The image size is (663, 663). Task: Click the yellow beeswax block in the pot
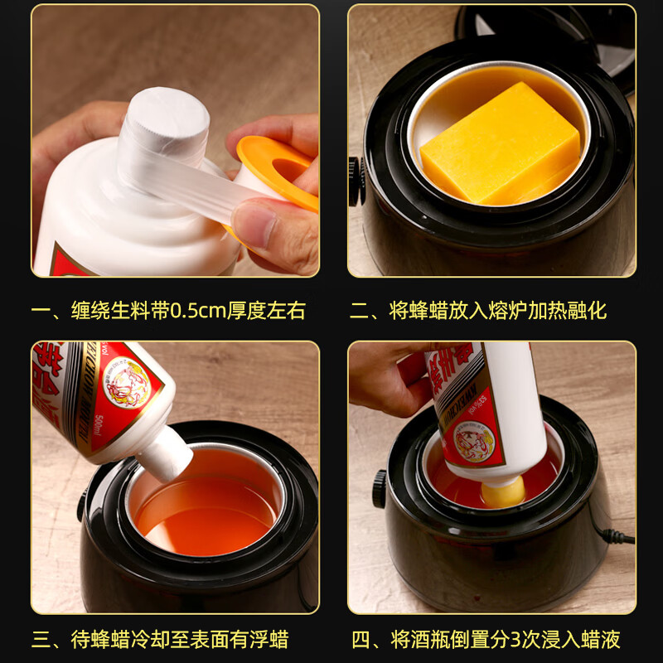[501, 145]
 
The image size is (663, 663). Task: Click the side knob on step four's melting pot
[380, 488]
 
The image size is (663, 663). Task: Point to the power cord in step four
[617, 535]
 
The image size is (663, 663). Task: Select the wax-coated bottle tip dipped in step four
[503, 492]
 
